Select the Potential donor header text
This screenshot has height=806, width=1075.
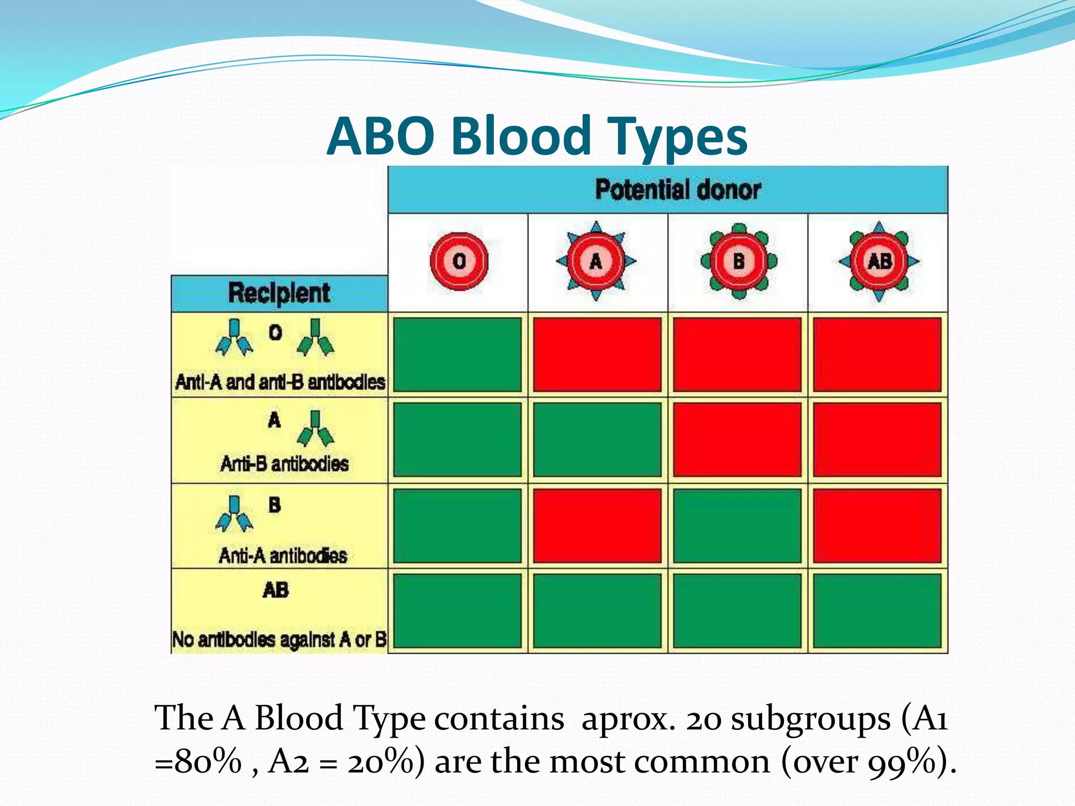pyautogui.click(x=677, y=190)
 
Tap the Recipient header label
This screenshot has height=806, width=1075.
pyautogui.click(x=279, y=293)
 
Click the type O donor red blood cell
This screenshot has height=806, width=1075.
pyautogui.click(x=459, y=261)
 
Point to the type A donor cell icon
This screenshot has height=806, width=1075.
pyautogui.click(x=596, y=261)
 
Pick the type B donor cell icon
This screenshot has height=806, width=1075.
pyautogui.click(x=739, y=261)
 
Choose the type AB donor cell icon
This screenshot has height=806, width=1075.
pyautogui.click(x=879, y=261)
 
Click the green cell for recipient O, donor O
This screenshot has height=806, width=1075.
pyautogui.click(x=457, y=354)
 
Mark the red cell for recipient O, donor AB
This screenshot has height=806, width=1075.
pyautogui.click(x=877, y=354)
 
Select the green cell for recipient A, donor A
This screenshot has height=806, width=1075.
pyautogui.click(x=597, y=440)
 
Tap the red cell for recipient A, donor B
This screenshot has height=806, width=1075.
pyautogui.click(x=737, y=440)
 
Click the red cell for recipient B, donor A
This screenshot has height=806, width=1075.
pyautogui.click(x=597, y=526)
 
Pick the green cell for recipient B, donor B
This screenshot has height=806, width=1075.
pyautogui.click(x=737, y=526)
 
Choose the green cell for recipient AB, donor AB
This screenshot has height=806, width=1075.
pyautogui.click(x=877, y=611)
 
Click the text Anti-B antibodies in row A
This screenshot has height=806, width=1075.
pyautogui.click(x=284, y=464)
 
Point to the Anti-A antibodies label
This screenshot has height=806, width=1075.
pyautogui.click(x=283, y=556)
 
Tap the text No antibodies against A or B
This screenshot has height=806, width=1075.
pyautogui.click(x=279, y=640)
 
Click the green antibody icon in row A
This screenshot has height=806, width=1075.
pyautogui.click(x=315, y=429)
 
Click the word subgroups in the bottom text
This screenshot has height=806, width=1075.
pyautogui.click(x=810, y=718)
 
